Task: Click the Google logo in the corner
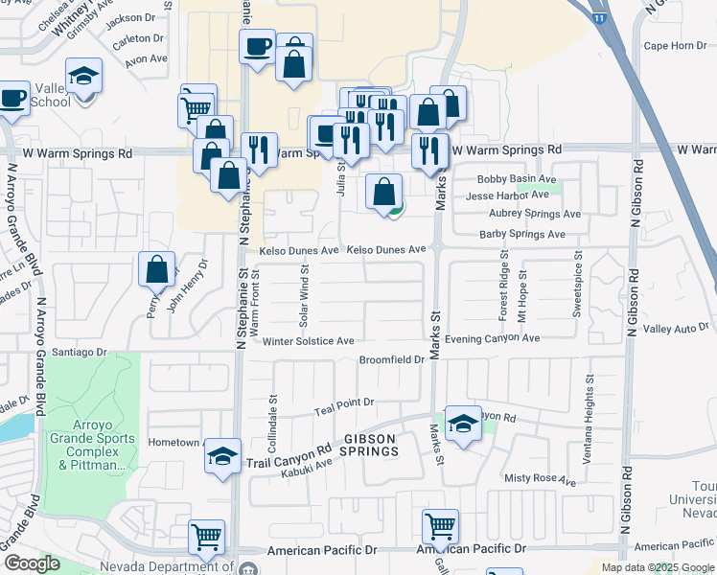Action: (x=33, y=563)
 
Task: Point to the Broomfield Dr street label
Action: (x=391, y=359)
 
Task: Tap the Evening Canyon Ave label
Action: (x=492, y=338)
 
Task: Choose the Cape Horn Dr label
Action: (x=675, y=45)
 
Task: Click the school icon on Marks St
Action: (x=463, y=425)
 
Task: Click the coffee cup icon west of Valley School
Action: (x=13, y=97)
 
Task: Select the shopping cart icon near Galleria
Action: (x=440, y=525)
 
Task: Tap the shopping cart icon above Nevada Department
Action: (x=206, y=537)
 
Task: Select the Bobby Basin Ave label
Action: (x=517, y=179)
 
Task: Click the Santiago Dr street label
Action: (x=82, y=353)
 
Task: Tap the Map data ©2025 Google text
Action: (x=657, y=567)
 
